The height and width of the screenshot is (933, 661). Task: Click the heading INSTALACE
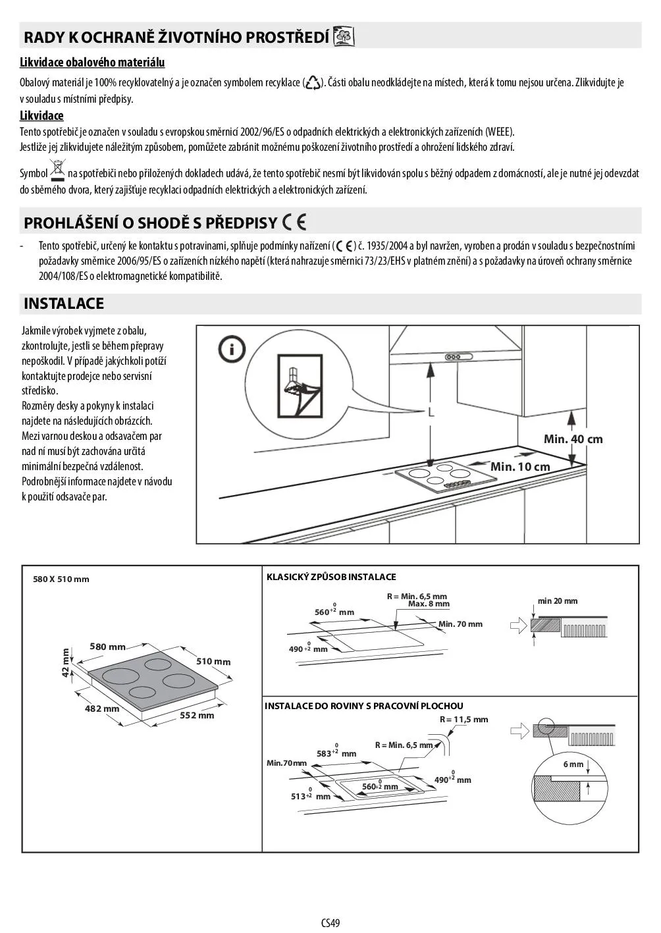tap(64, 304)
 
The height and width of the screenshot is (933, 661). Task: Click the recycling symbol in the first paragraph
tap(313, 83)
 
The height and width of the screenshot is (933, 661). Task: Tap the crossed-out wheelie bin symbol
tap(58, 170)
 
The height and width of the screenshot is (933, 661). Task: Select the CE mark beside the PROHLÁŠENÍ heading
tap(294, 223)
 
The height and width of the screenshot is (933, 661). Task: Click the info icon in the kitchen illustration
tap(232, 349)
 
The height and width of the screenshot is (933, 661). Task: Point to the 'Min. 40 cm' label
tap(573, 439)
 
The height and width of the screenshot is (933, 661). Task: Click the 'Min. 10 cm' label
tap(520, 467)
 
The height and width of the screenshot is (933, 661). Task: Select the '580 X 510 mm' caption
tap(61, 579)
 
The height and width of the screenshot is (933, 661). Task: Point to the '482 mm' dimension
tap(102, 709)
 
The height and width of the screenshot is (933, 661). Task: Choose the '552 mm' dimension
tap(197, 716)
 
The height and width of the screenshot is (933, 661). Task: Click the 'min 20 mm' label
tap(557, 601)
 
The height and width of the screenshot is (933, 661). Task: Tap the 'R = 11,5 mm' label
tap(464, 720)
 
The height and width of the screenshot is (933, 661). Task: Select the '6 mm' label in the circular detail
tap(573, 764)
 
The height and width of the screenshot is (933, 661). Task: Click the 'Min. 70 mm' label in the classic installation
tap(460, 624)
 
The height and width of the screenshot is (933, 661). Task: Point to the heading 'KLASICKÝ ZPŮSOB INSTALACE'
tap(331, 577)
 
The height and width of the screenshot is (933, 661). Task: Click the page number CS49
tap(330, 923)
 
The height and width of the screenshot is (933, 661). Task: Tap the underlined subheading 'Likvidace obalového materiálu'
tap(92, 63)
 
